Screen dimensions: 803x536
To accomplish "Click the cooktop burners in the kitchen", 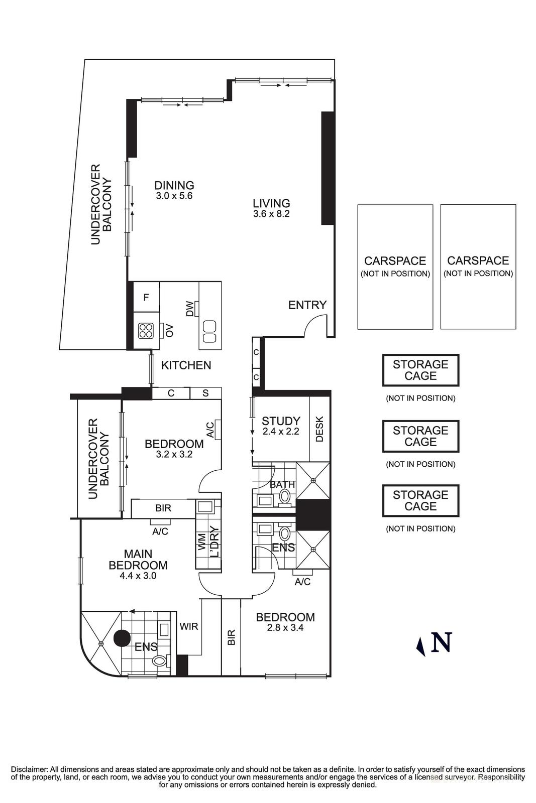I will pos(146,330).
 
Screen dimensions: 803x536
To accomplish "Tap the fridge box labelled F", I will pos(146,298).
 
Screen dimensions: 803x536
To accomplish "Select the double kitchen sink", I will pos(209,332).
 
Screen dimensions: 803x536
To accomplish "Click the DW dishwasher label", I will pos(190,309).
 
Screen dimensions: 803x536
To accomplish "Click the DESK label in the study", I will pos(319,429).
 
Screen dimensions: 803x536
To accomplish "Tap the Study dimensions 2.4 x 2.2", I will pos(281,431).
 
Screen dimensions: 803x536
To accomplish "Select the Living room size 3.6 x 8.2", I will pos(272,214).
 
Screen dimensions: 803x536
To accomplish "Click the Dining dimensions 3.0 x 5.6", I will pos(174,196).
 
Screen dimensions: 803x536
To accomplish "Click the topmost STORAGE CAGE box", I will pos(420,370).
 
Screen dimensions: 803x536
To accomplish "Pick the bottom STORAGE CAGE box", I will pos(420,500).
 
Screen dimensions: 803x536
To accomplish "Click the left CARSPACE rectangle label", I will pos(395,261).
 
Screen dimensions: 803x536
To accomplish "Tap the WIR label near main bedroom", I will pos(189,626).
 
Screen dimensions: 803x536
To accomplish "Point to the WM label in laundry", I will pos(202,542).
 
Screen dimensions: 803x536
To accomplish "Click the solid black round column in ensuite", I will pos(122,638).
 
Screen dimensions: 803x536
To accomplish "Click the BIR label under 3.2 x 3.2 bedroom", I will pos(163,508).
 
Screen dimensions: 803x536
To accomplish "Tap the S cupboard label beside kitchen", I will pos(205,393).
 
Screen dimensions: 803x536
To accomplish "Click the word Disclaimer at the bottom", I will pos(29,769).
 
